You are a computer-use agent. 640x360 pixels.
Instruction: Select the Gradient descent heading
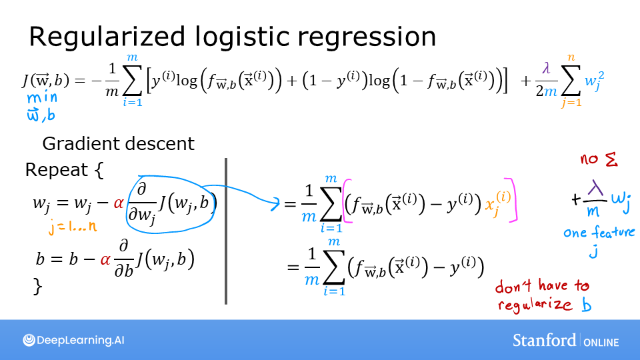pos(118,143)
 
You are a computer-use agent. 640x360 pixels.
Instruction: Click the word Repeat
pos(56,170)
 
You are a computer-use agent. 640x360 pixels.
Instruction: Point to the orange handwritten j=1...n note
pos(73,226)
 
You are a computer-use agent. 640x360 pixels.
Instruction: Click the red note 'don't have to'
pos(541,287)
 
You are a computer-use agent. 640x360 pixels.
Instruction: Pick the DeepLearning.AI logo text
pos(81,341)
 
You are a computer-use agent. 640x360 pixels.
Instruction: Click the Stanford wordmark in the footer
pos(544,340)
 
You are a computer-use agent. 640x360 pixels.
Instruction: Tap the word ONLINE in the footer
pos(601,342)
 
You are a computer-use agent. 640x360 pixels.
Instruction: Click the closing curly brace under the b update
pos(38,287)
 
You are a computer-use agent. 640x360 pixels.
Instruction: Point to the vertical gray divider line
pos(226,231)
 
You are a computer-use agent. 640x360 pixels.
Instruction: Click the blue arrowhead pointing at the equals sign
pos(275,204)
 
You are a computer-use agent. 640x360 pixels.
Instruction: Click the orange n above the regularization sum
pos(570,59)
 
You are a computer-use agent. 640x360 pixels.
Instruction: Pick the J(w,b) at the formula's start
pos(45,81)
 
